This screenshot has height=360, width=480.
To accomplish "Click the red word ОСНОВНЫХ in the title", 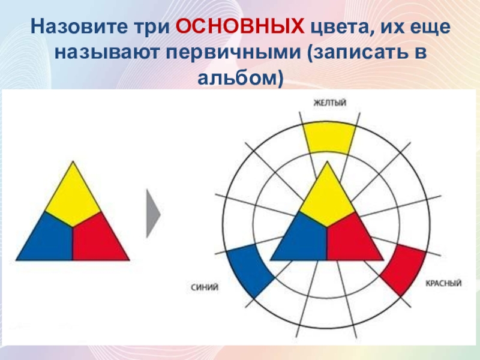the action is tap(240, 26).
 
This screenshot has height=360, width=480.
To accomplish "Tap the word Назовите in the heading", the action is tap(79, 26).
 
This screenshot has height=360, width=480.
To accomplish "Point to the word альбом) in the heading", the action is tap(241, 78).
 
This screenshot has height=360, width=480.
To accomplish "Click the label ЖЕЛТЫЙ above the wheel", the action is tap(330, 103).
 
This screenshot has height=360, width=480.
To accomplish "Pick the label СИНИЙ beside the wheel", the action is tap(205, 287).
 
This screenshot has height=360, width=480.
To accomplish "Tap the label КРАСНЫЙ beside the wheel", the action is tap(443, 283).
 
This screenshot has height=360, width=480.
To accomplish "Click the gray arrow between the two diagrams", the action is tap(154, 214).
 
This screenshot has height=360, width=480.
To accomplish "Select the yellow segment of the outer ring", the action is tap(329, 138).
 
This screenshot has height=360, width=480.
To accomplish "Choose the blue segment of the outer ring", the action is tap(250, 269).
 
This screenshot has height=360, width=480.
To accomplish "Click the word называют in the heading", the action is tap(107, 53).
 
